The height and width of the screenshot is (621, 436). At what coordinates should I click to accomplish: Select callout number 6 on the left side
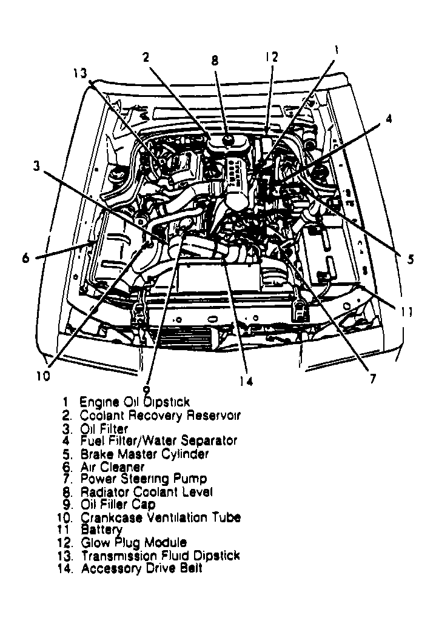click(25, 257)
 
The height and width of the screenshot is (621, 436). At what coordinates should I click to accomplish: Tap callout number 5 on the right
click(411, 259)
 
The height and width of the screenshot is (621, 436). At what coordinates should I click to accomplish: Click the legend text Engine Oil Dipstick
click(135, 402)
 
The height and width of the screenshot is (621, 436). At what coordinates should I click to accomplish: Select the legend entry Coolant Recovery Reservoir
click(159, 416)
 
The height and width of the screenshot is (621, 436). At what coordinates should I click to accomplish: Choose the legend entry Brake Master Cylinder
click(144, 454)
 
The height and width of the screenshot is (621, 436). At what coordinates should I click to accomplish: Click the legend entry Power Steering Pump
click(143, 479)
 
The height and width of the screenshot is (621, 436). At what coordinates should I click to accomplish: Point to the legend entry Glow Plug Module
click(133, 543)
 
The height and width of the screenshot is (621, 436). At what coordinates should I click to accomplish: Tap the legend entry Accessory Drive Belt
click(141, 569)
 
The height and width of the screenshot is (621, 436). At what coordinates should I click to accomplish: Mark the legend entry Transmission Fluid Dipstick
click(160, 556)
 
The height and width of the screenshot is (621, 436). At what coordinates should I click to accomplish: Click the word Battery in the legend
click(101, 530)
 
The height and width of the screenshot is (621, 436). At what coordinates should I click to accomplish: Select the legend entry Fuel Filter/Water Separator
click(158, 441)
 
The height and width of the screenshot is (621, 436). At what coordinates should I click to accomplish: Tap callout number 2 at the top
click(146, 57)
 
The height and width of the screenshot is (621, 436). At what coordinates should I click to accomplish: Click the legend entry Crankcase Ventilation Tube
click(161, 517)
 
